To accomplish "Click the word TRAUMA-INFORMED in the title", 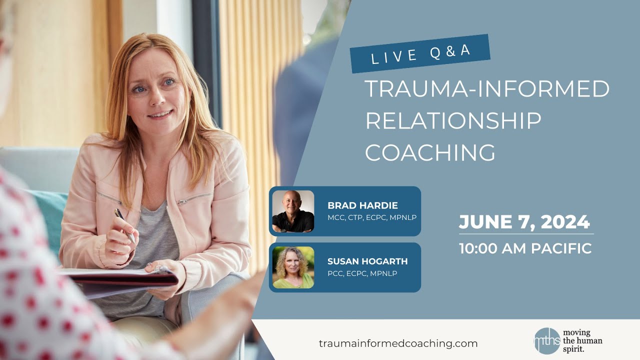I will coord(487,89).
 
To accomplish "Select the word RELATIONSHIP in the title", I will coord(453,121).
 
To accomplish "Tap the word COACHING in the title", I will coord(430,152).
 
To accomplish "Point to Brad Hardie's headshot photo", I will coord(293,211).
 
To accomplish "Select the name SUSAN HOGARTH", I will coord(367,261).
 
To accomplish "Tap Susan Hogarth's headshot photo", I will coord(293,267).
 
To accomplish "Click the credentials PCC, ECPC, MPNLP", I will coord(362,273).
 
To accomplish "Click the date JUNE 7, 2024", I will coord(524,221).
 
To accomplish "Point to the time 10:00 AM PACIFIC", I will coord(525,248).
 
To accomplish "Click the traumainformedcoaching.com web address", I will coord(398,343).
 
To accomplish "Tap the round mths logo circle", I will coord(546,340).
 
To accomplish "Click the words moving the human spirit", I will coord(582,340).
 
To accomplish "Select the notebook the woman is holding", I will coord(120,280).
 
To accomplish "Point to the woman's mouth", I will coord(160,114).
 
